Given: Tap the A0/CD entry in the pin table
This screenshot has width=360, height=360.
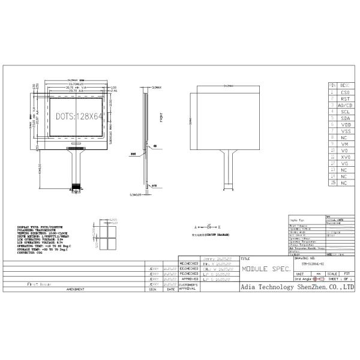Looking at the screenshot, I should pos(344,105).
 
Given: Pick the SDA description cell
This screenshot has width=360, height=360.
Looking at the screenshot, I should pos(344,118).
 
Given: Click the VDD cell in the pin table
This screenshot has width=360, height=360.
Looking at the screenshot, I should pos(344,124).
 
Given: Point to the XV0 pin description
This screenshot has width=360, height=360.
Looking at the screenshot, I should pos(344,157).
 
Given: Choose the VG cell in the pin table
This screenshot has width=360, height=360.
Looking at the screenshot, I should pos(344,163).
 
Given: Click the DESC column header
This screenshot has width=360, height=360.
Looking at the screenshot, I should pos(344,86).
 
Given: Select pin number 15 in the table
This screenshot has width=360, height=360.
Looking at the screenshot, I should pos(332,182).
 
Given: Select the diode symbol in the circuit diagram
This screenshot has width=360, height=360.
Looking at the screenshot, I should pos(209,227).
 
